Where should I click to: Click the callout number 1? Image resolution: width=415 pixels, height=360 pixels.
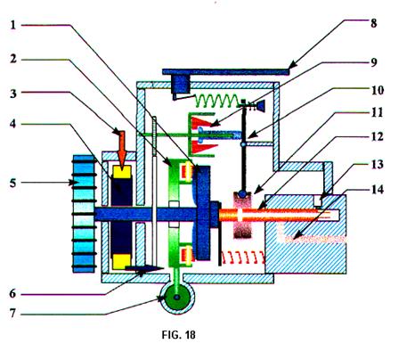pyautogui.click(x=12, y=25)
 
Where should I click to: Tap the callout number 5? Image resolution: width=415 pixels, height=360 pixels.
pyautogui.click(x=12, y=183)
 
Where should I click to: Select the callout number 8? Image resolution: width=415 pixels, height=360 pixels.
pyautogui.click(x=374, y=23)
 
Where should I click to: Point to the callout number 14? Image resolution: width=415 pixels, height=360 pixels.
pyautogui.click(x=378, y=189)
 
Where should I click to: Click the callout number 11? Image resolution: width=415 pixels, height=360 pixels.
pyautogui.click(x=377, y=112)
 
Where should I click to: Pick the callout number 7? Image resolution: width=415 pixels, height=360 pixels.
pyautogui.click(x=12, y=313)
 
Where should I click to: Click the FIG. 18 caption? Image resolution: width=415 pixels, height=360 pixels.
pyautogui.click(x=179, y=335)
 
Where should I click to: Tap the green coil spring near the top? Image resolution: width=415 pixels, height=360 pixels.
pyautogui.click(x=217, y=101)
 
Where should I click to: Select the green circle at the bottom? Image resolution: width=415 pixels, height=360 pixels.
pyautogui.click(x=177, y=298)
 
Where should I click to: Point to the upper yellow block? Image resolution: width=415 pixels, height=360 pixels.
pyautogui.click(x=122, y=172)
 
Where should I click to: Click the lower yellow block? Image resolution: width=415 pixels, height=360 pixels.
pyautogui.click(x=122, y=262)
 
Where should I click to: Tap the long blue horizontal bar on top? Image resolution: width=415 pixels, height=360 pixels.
pyautogui.click(x=225, y=71)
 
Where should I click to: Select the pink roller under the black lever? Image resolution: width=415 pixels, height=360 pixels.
pyautogui.click(x=243, y=215)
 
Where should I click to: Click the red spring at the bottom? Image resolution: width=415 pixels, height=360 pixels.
pyautogui.click(x=243, y=258)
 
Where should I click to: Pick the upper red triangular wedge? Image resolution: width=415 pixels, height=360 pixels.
pyautogui.click(x=203, y=122)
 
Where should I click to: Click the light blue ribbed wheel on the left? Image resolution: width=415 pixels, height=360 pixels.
pyautogui.click(x=84, y=213)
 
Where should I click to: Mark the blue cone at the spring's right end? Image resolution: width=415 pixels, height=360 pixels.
pyautogui.click(x=261, y=106)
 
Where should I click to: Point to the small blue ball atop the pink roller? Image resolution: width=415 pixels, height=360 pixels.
pyautogui.click(x=243, y=194)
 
